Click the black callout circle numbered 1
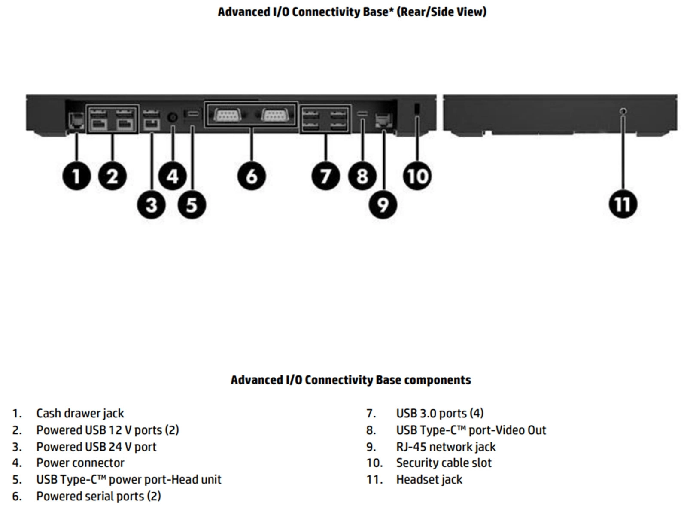76,176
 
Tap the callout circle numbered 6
252,176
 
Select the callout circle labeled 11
623,204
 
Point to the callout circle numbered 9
383,204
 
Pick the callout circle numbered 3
151,204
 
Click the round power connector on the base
173,117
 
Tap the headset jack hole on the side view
623,112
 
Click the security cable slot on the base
416,109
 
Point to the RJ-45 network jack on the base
382,120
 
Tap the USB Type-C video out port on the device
362,114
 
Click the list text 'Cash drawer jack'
80,413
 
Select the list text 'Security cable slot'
444,463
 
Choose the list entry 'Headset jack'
429,480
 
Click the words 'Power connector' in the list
80,463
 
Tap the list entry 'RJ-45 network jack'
446,447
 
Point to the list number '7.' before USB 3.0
371,414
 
